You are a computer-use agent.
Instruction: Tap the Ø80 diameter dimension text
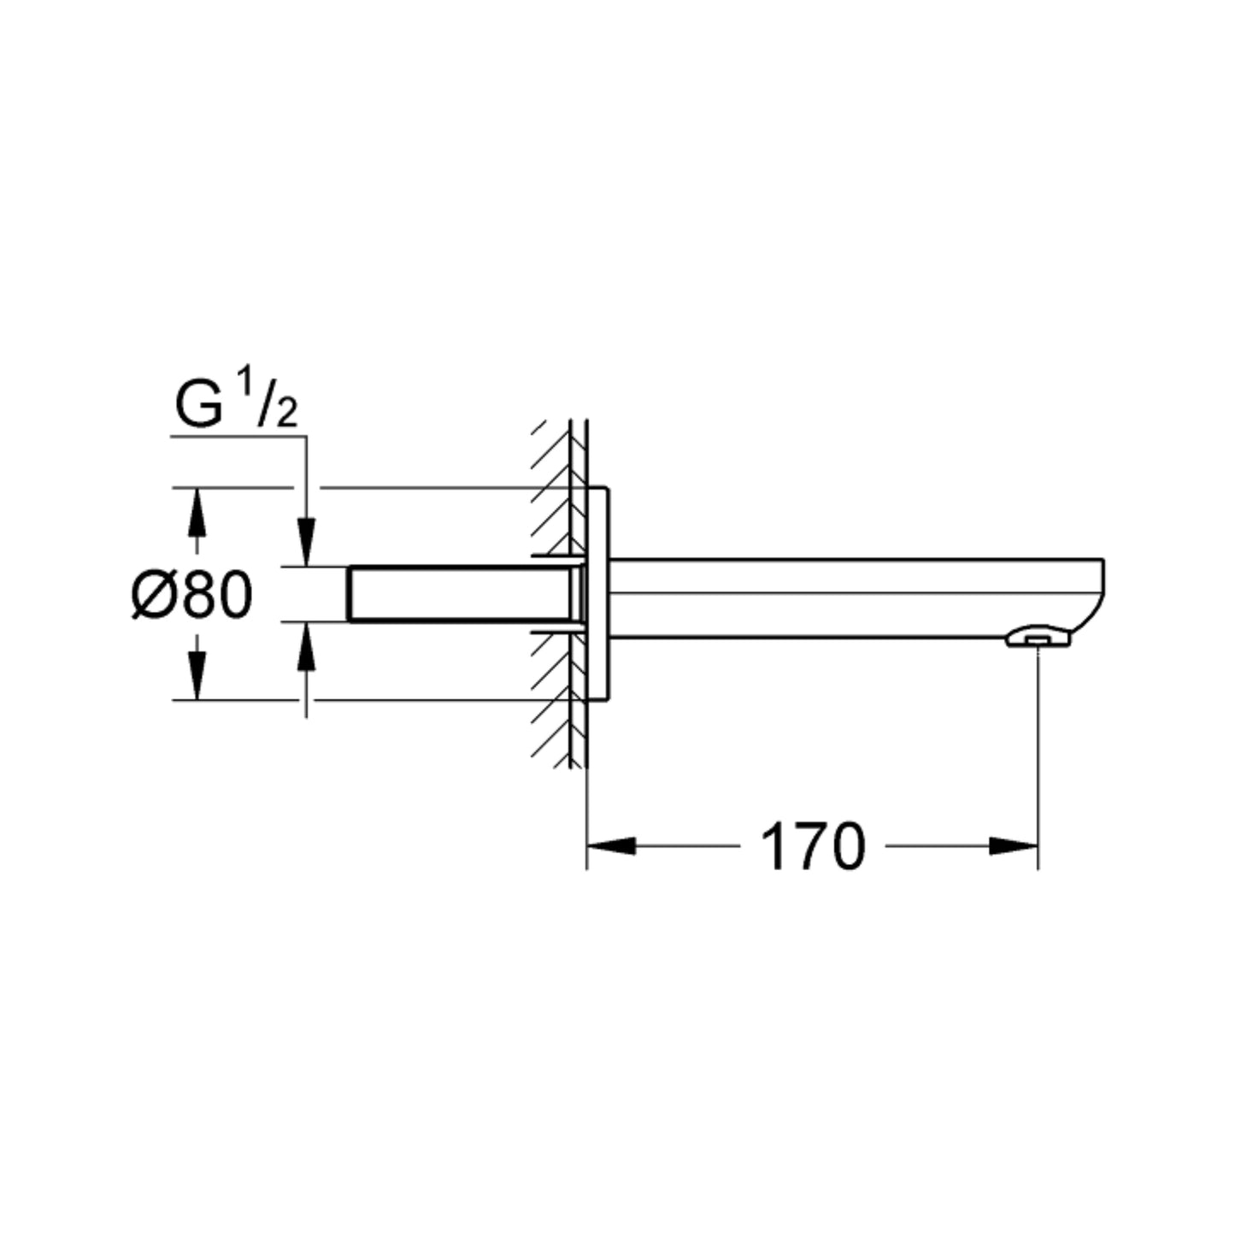[x=192, y=596]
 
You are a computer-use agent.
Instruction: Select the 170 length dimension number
[x=813, y=847]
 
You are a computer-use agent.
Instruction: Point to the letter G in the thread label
[x=199, y=407]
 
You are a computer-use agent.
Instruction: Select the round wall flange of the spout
[x=598, y=593]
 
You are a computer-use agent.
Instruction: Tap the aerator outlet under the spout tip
[x=1037, y=638]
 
